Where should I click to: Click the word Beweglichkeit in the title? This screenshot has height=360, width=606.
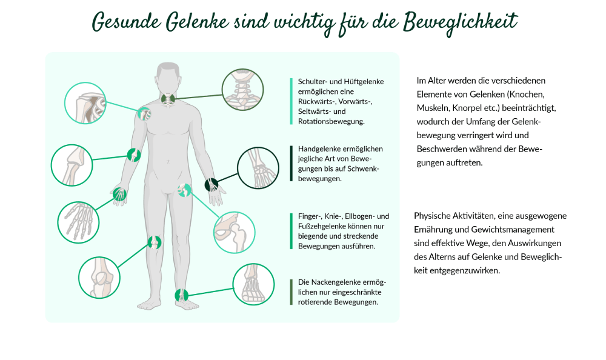click(460, 22)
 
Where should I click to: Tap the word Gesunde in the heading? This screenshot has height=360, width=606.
click(126, 22)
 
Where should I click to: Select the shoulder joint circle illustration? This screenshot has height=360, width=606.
click(85, 103)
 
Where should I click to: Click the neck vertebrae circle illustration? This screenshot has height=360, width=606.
click(243, 90)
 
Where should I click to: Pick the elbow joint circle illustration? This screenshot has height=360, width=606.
click(72, 165)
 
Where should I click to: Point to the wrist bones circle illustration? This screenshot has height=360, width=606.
click(258, 168)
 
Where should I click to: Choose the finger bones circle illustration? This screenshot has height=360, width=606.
click(78, 222)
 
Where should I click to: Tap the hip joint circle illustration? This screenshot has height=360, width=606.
click(234, 232)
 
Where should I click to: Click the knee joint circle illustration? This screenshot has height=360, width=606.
click(99, 278)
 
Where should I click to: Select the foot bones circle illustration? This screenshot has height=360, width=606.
click(253, 285)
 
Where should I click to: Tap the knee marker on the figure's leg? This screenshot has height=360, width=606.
click(155, 242)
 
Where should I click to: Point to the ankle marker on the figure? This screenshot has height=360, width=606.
click(181, 295)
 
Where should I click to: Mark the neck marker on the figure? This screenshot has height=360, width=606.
click(168, 99)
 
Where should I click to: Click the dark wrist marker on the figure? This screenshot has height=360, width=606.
click(211, 185)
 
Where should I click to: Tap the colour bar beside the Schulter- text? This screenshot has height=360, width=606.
click(291, 101)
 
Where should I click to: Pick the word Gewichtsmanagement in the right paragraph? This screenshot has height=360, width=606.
click(513, 230)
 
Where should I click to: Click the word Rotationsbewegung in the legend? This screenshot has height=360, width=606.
click(331, 121)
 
